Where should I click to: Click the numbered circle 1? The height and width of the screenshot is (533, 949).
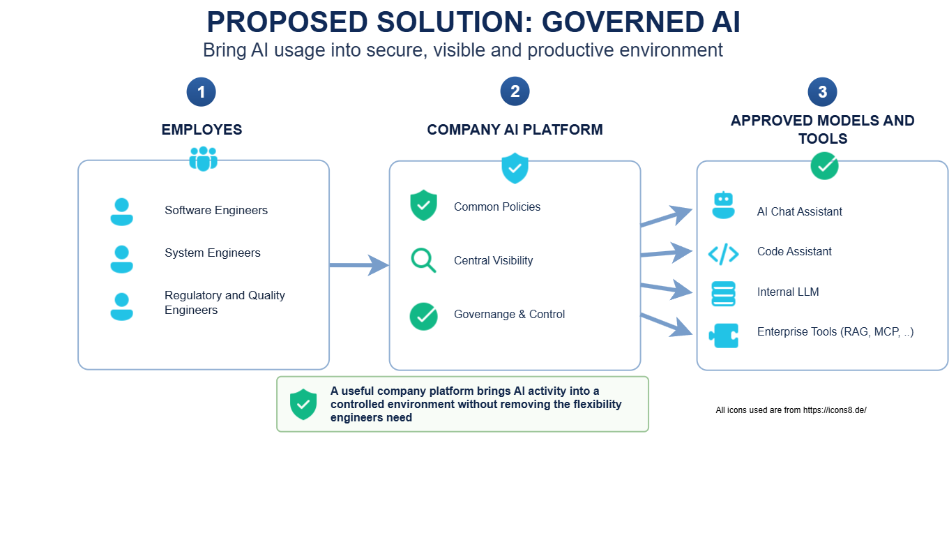point(202,92)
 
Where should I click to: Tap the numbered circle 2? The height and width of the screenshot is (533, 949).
point(515,91)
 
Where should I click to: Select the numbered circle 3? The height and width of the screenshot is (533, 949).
point(822,92)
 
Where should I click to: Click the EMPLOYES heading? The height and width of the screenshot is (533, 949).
point(202,129)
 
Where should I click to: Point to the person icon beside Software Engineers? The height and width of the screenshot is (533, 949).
point(121,211)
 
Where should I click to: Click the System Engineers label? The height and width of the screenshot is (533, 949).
point(212,253)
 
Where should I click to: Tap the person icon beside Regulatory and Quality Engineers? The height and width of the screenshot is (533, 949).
point(121,306)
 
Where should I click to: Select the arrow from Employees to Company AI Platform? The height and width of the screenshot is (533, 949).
point(359,265)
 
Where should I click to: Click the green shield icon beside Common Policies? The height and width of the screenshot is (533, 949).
point(423,205)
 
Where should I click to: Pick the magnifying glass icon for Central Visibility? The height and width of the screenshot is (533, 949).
point(423,260)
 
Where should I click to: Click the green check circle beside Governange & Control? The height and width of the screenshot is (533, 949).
point(424,316)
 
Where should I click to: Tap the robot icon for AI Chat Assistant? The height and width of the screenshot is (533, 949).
point(723,205)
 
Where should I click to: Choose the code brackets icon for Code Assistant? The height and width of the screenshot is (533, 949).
point(723,254)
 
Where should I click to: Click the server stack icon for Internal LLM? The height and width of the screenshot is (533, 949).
point(723,294)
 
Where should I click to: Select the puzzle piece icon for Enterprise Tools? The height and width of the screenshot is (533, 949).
point(723,336)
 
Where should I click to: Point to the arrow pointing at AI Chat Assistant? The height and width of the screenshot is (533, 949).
point(667,217)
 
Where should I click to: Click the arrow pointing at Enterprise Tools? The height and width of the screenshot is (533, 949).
point(667,326)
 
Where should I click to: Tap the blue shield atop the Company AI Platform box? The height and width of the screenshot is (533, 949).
point(515,168)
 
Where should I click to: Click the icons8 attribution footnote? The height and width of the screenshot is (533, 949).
point(791,410)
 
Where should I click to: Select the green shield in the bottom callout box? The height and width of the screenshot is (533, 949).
point(303,404)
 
